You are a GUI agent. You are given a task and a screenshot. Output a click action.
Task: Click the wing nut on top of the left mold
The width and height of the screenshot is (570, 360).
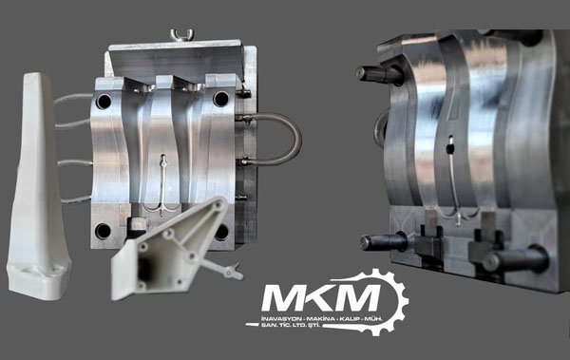point(182,35)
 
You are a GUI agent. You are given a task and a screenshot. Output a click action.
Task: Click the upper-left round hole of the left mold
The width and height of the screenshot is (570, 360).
point(104,102)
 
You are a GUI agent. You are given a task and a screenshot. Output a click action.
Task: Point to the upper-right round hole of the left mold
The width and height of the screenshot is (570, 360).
point(221,99)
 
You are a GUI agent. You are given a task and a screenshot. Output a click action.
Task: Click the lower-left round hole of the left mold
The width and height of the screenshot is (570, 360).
point(103,231)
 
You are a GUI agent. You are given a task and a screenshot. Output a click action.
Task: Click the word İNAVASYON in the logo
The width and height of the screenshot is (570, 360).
point(282,319)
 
